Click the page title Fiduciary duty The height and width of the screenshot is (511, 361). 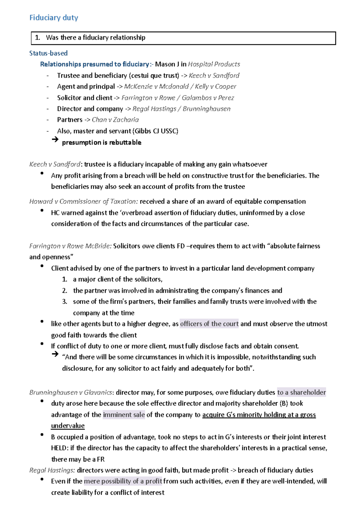pos(54,18)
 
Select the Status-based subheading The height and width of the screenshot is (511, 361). pos(48,53)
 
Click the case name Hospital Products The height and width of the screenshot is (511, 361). pos(214,64)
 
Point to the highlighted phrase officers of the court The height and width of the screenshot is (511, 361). pos(209,324)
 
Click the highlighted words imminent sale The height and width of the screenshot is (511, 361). pos(124,415)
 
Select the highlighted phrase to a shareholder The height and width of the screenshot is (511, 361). pos(301,392)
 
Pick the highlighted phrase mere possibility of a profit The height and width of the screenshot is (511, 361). pos(123,481)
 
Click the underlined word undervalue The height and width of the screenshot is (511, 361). pos(68,426)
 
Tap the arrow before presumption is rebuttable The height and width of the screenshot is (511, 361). pos(55,139)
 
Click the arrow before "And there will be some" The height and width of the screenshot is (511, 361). pos(55,354)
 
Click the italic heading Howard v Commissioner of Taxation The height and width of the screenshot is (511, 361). pos(83,201)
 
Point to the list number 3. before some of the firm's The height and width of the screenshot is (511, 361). pos(65,302)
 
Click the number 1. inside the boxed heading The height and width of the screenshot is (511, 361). pos(38,38)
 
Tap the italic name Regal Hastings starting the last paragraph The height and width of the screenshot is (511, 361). pos(52,470)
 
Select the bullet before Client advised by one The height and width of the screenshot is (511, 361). pos(42,266)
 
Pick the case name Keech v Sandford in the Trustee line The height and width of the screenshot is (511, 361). pos(214,76)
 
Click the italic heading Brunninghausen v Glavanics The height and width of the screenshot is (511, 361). pos(71,392)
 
